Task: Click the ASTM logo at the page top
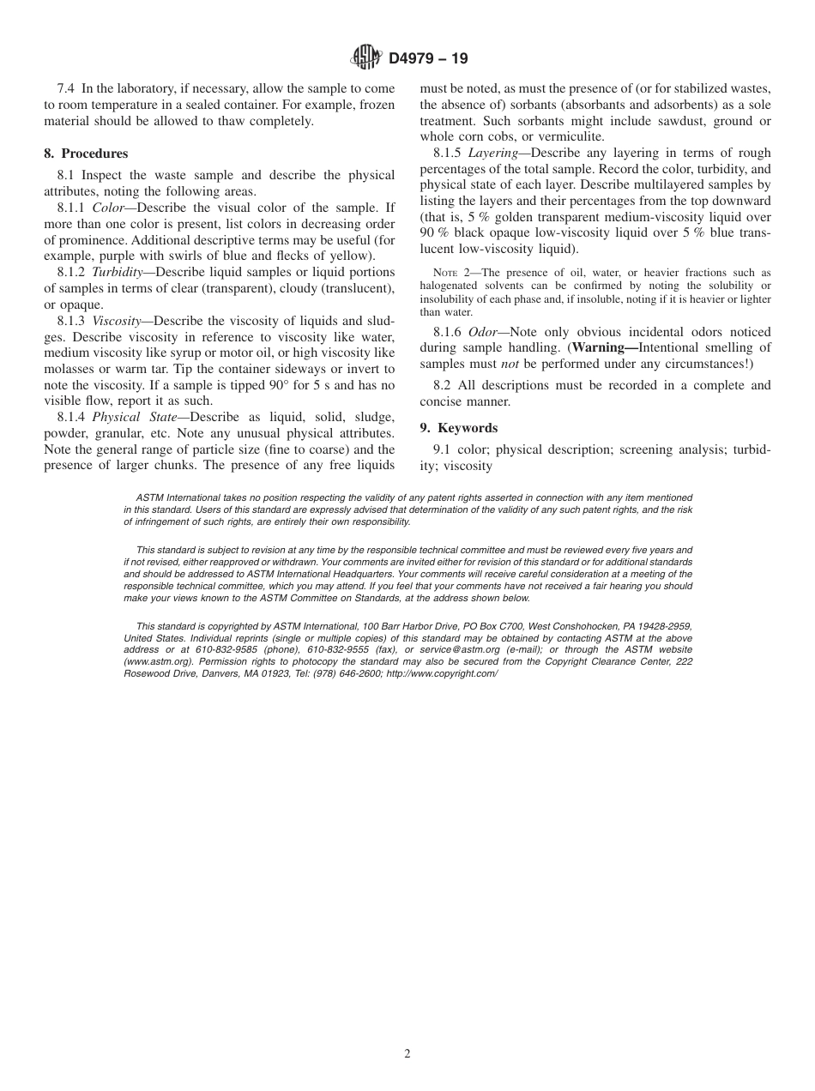[366, 58]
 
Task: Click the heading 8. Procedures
[86, 154]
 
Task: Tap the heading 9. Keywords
[458, 428]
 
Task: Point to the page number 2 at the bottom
[407, 1054]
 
